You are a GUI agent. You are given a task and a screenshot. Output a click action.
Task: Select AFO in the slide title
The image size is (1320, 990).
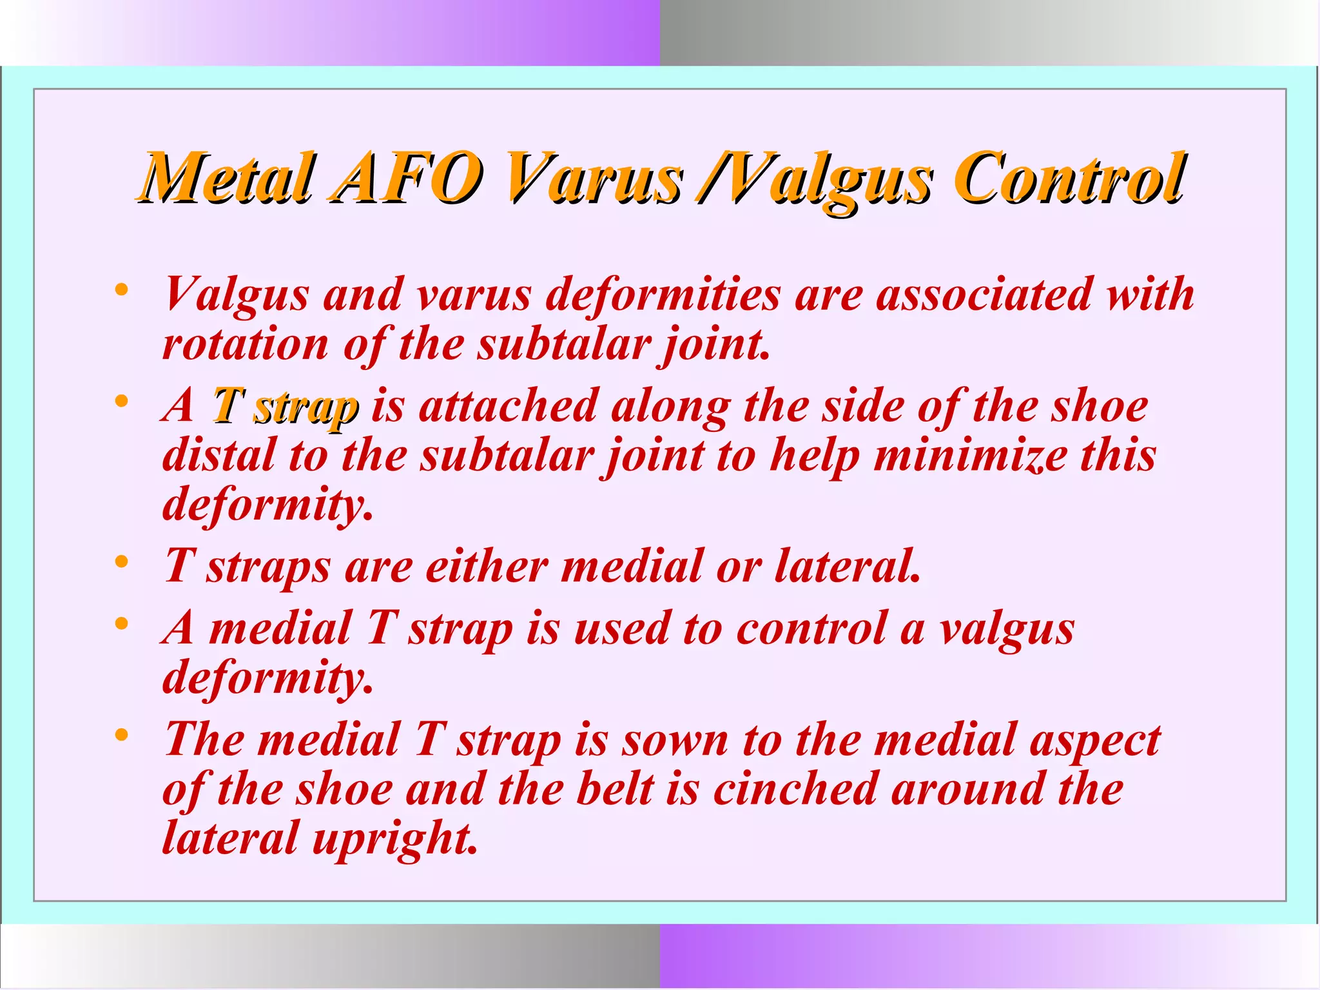pos(406,177)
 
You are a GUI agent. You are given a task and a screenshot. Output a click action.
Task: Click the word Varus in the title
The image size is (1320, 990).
pos(593,177)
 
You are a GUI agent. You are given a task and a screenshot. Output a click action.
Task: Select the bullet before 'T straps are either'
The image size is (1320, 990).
pos(121,562)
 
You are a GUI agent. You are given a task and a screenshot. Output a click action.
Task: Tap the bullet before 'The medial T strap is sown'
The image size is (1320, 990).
pos(121,735)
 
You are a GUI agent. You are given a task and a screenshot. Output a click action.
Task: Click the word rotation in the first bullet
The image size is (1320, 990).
pos(245,344)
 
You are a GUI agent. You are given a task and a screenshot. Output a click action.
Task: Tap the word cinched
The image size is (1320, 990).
pos(795,789)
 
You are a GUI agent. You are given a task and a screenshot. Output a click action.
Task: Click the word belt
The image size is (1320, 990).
pos(615,789)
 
